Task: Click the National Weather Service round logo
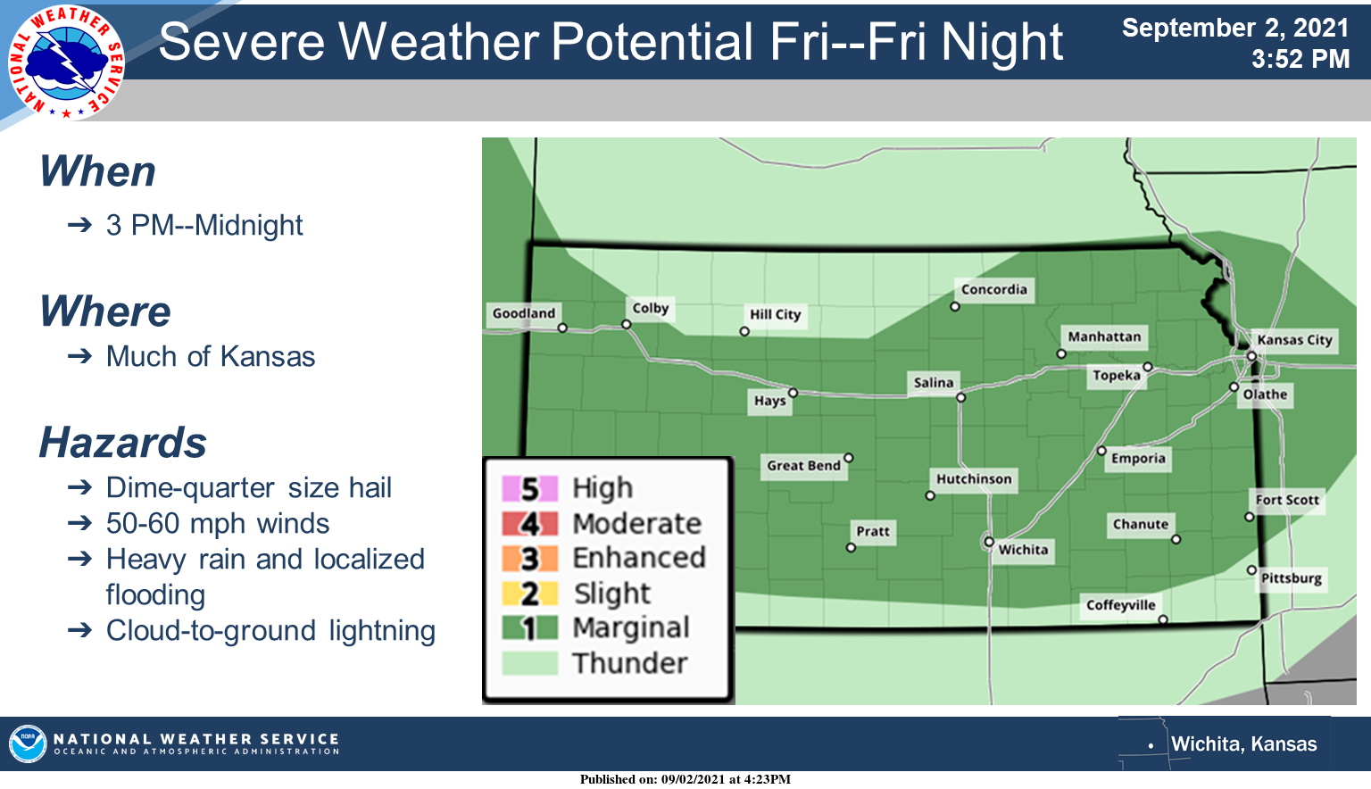coord(66,62)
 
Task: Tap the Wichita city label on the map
coord(1023,550)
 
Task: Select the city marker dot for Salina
coord(961,398)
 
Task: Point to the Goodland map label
coord(523,313)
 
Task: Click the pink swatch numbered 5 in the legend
coord(529,488)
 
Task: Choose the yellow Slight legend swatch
coord(529,594)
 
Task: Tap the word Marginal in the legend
coord(631,628)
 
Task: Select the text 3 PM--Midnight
coord(204,225)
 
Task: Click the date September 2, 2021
coord(1235,29)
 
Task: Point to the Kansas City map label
coord(1294,340)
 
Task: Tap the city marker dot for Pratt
coord(851,548)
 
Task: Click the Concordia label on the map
coord(994,289)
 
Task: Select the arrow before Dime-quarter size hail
coord(79,488)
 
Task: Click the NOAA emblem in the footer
coord(28,743)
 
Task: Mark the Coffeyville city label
coord(1121,605)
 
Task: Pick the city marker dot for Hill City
coord(744,332)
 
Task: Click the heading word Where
coord(105,311)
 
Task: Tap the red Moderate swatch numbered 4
coord(529,524)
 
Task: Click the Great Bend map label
coord(803,466)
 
